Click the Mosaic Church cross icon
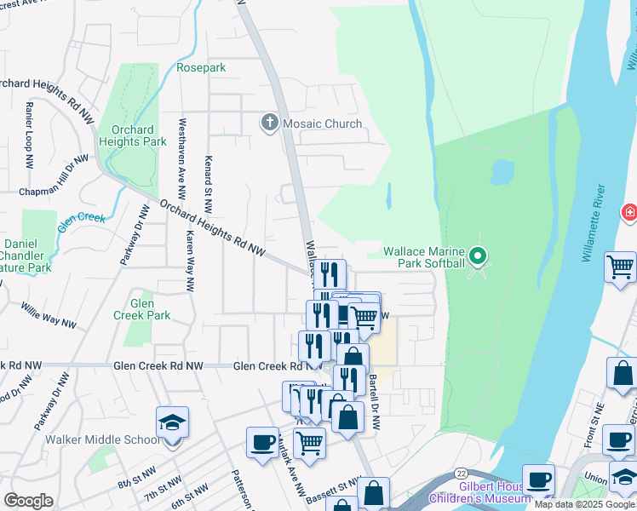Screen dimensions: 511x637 (269, 123)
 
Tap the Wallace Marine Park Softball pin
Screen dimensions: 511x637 (479, 255)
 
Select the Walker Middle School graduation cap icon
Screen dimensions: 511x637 (172, 423)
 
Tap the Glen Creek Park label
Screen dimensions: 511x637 (142, 309)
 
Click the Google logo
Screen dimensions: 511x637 (29, 500)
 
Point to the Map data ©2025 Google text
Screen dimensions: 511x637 (584, 504)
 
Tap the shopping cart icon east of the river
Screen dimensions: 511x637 (621, 267)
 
